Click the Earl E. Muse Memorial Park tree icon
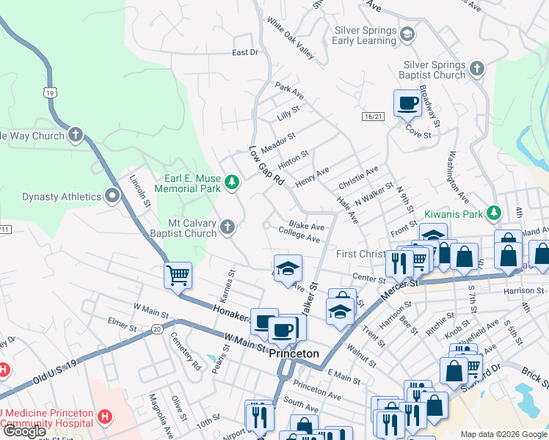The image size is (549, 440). point(231,182)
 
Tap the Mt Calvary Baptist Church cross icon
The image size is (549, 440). point(228,227)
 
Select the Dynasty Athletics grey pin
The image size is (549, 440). point(112,196)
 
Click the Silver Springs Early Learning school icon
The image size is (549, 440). point(407,34)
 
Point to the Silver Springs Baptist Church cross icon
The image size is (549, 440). point(476,69)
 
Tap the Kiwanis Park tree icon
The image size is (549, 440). point(495,213)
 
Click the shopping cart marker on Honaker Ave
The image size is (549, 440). point(178,275)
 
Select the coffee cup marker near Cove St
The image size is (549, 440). point(407,103)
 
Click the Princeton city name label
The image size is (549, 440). point(294,353)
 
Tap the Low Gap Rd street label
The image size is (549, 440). point(266,165)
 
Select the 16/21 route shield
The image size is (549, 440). point(373,117)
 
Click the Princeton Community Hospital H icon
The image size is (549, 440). point(105,417)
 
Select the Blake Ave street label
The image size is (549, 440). point(307,227)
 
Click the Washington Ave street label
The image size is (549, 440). point(459,178)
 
